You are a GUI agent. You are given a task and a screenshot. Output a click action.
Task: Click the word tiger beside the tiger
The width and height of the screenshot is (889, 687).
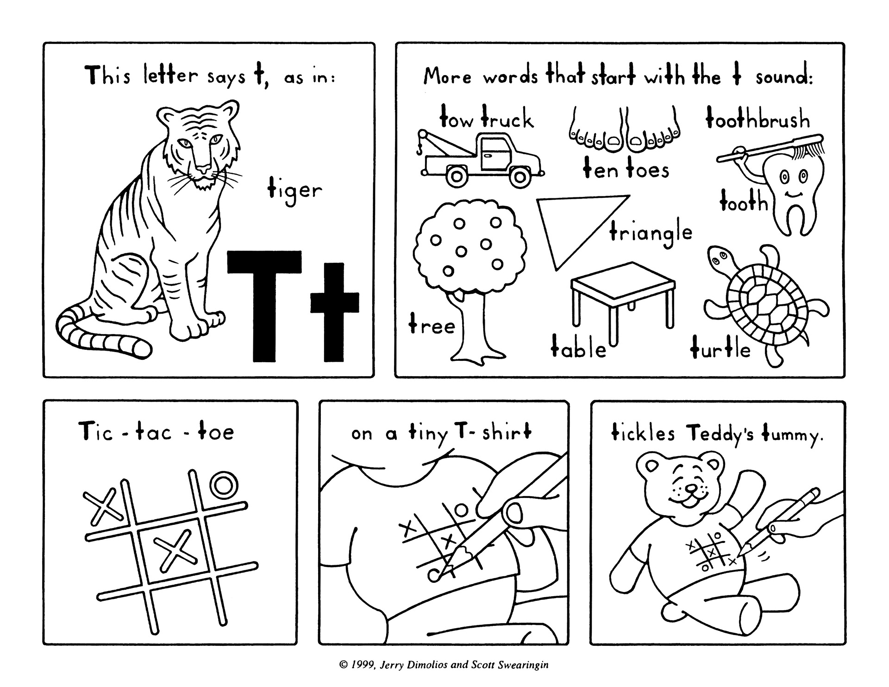click(294, 190)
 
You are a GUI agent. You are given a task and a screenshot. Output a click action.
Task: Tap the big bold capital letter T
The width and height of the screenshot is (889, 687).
click(264, 306)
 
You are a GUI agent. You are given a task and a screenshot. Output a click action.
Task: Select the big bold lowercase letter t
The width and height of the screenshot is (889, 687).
click(334, 312)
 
